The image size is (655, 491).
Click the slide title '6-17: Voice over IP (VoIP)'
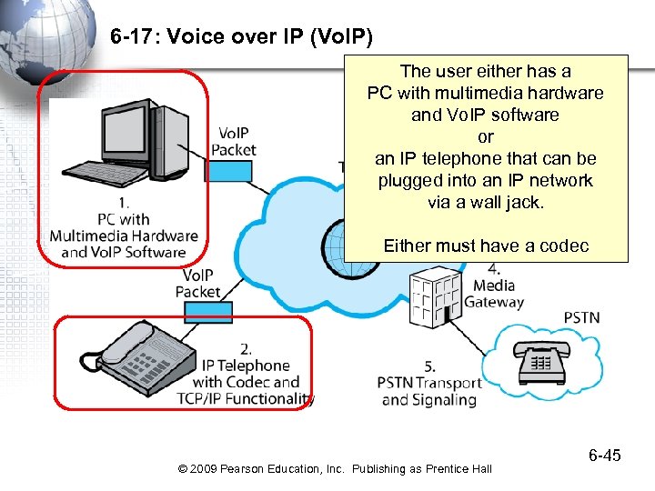pyautogui.click(x=241, y=38)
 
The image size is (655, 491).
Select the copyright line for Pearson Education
pyautogui.click(x=335, y=468)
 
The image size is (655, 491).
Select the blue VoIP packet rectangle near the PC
pyautogui.click(x=228, y=171)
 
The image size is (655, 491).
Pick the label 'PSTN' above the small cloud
pyautogui.click(x=581, y=317)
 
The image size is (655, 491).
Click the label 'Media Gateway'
pyautogui.click(x=494, y=293)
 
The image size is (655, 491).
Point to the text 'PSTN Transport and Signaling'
pyautogui.click(x=428, y=390)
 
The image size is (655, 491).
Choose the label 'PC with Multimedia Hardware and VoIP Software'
pyautogui.click(x=124, y=235)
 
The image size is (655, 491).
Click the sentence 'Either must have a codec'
pyautogui.click(x=485, y=245)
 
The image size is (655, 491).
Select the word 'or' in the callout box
pyautogui.click(x=485, y=137)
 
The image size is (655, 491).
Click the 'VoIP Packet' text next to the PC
pyautogui.click(x=234, y=141)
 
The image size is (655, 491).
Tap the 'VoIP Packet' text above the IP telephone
pyautogui.click(x=199, y=283)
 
